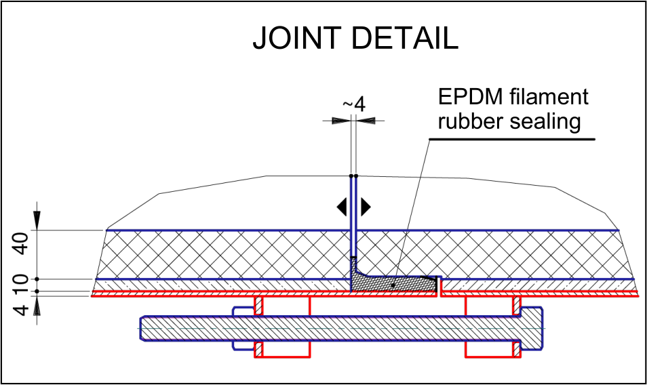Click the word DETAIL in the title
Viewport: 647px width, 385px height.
405,38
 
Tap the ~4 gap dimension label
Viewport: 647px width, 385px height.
354,104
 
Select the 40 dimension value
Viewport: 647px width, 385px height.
22,243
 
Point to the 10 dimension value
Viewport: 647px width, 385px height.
22,285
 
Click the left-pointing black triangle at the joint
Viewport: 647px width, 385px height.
342,207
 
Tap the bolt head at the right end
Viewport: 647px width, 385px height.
532,329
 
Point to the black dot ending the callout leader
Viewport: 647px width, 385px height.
393,285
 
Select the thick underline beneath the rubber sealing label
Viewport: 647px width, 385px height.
512,140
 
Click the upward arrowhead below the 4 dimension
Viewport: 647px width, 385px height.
37,306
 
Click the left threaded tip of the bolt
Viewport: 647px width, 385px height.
142,329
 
